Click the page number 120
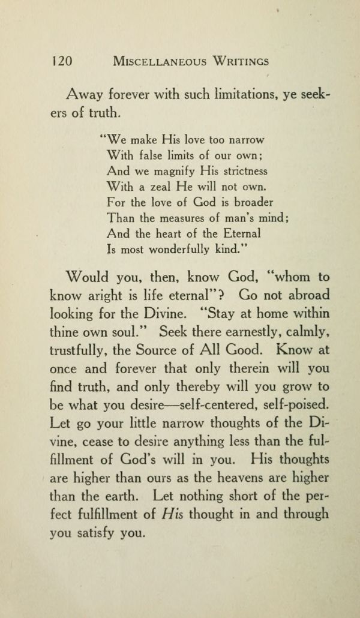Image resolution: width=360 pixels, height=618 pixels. pyautogui.click(x=62, y=61)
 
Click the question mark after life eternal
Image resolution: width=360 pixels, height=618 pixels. pyautogui.click(x=227, y=296)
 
